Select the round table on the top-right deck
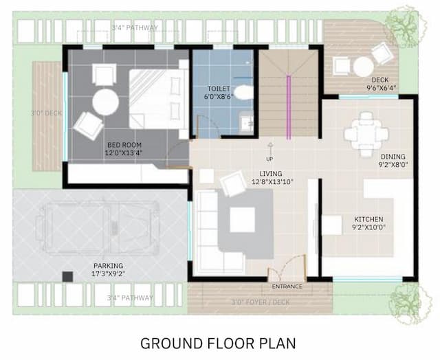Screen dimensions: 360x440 pyautogui.click(x=362, y=66)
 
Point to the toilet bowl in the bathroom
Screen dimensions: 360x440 pyautogui.click(x=243, y=91)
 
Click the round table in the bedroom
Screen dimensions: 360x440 pyautogui.click(x=105, y=102)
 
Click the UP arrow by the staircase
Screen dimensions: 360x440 pyautogui.click(x=270, y=149)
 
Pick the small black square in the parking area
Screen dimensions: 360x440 pyautogui.click(x=67, y=276)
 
